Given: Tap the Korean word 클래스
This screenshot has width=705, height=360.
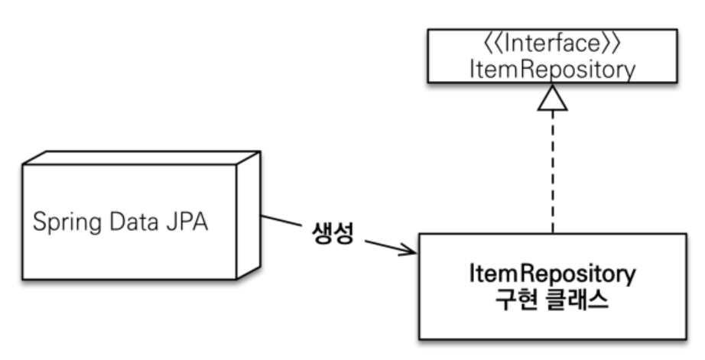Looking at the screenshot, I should (578, 299).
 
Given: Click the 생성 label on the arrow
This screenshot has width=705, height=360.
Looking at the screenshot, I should (332, 233).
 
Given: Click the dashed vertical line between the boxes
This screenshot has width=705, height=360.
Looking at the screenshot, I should (552, 176).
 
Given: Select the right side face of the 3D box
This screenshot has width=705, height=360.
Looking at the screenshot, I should (249, 216).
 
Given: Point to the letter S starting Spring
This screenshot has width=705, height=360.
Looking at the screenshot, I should (38, 225).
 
